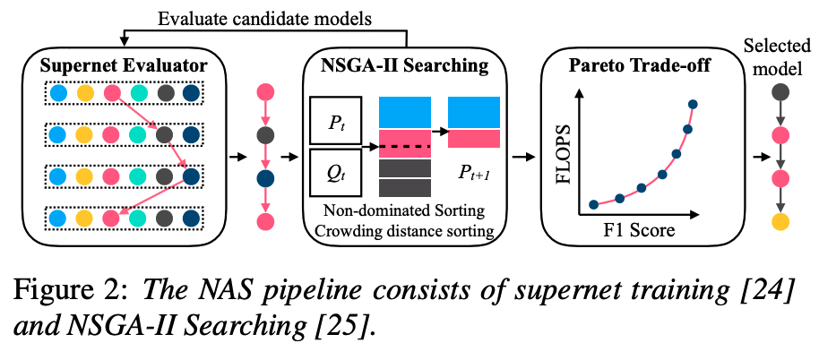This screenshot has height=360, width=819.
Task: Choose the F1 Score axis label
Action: tap(638, 230)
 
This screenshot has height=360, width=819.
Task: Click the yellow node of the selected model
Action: tap(780, 221)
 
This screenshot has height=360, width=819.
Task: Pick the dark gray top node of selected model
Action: tap(780, 91)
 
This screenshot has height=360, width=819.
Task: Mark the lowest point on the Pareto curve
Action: tap(592, 204)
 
